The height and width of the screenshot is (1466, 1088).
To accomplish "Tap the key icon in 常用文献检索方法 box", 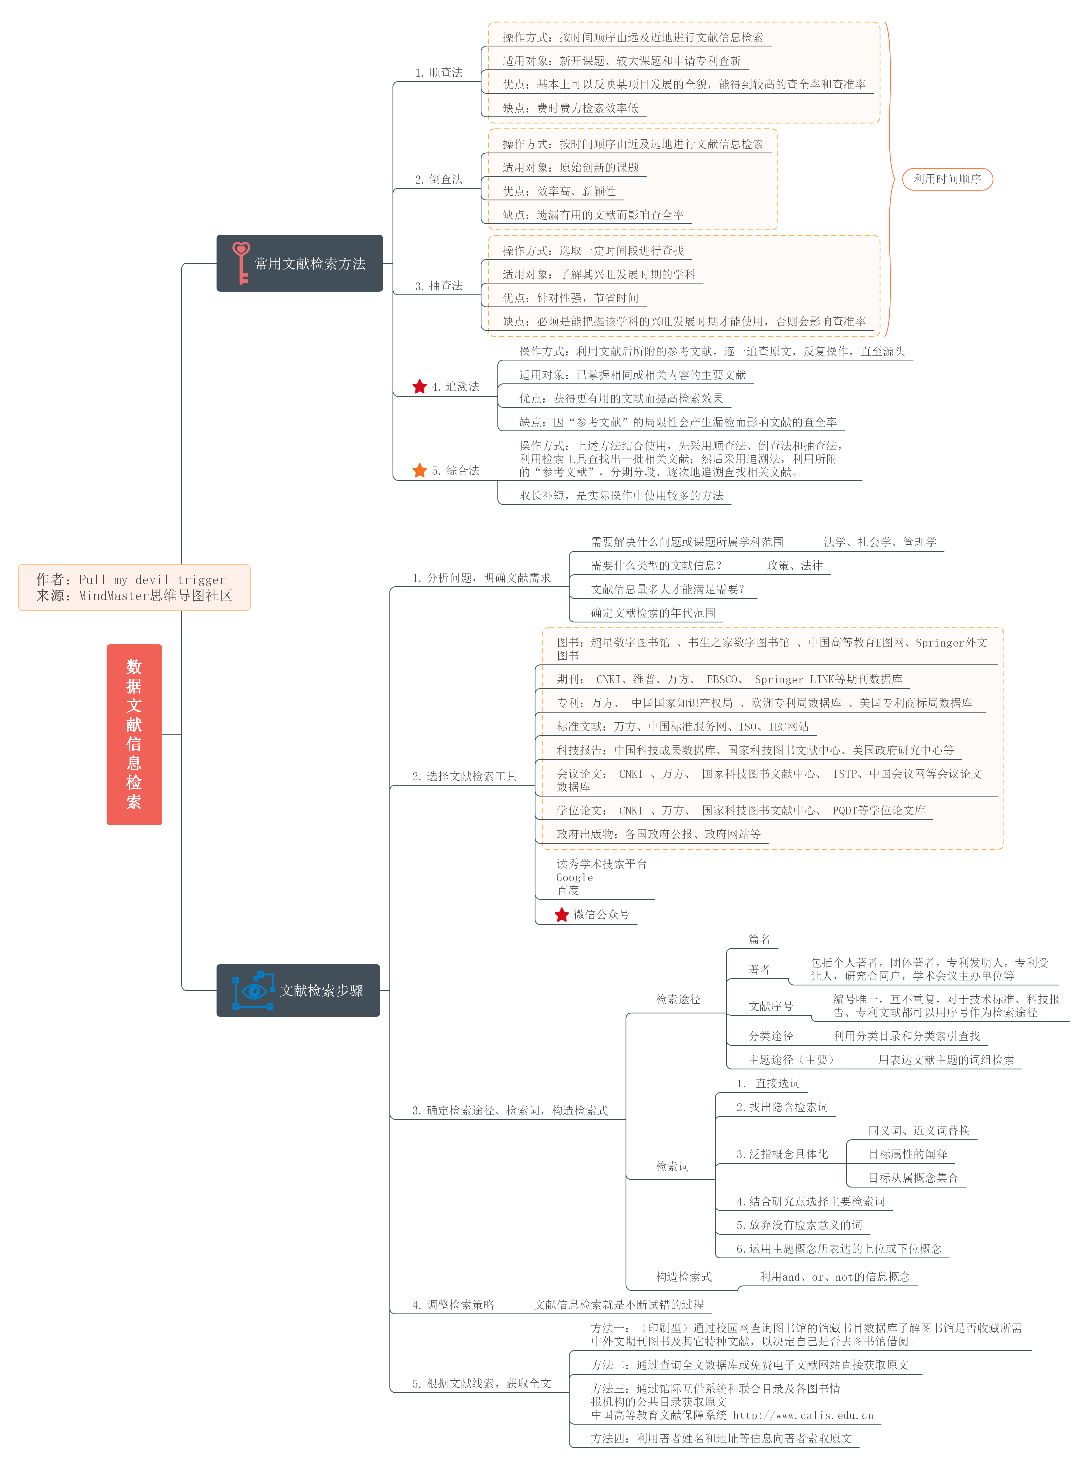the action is coord(241,263).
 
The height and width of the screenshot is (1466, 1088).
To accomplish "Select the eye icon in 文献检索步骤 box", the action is coord(253,990).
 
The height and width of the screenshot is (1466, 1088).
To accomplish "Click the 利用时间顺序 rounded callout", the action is coord(947,179).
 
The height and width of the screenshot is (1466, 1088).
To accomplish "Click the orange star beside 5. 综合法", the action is coord(420,470).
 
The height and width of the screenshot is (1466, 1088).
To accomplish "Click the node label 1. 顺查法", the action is coord(439,72).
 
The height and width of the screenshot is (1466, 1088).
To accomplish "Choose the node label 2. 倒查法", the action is coord(439,179).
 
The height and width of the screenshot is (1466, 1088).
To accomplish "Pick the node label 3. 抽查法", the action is coord(439,286).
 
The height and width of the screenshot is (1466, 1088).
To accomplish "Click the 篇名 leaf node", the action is coord(759,939).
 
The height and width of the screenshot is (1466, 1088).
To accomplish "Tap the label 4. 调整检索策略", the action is coord(453,1305).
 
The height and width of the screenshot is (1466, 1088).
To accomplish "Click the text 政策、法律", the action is coord(794,565).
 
